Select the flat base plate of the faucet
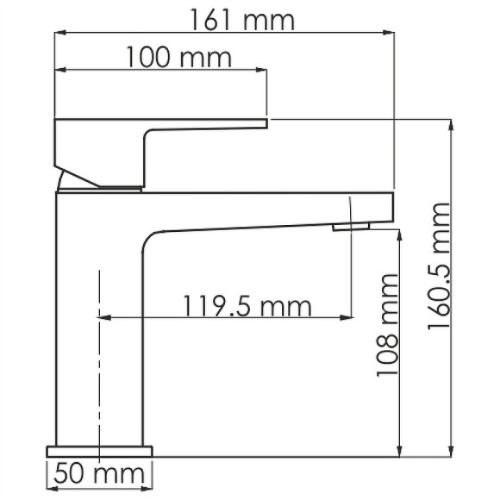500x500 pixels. tap(98, 450)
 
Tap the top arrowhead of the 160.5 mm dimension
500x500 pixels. tap(451, 125)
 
